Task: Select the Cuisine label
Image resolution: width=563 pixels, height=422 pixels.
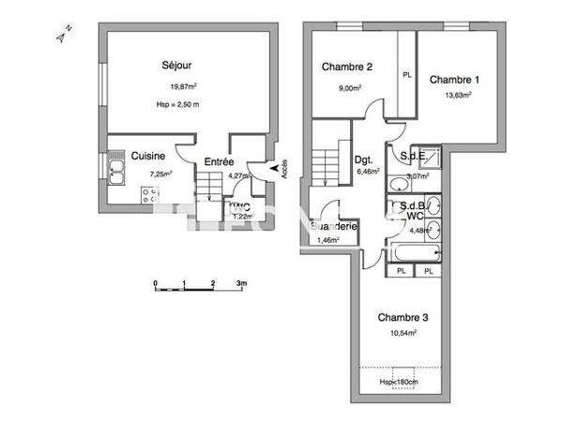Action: coord(148,157)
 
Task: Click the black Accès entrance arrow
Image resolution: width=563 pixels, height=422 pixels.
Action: coord(274,169)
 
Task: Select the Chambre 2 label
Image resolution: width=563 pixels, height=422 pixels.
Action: coord(348,67)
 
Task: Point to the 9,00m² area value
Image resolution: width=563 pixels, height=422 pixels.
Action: coord(349,88)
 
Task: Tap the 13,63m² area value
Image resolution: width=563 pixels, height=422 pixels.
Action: coord(457,95)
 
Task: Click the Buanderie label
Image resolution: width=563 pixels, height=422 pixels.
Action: coord(333,227)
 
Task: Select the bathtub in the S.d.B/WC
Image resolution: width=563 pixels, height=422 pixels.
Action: coord(414,252)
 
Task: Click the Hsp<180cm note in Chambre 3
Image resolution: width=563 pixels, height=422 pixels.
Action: coord(399,382)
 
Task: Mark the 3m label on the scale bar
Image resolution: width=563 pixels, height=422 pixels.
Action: coord(241,281)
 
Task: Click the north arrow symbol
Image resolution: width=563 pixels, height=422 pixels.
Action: coord(60,37)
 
